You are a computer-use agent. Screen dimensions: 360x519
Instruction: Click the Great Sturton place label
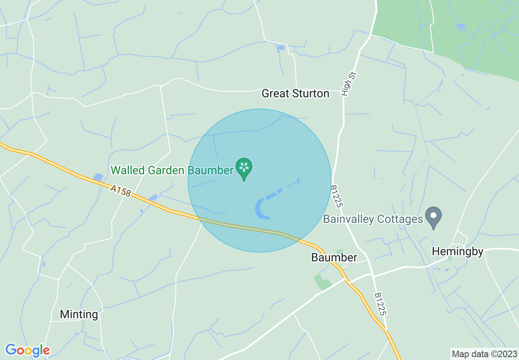coord(295,94)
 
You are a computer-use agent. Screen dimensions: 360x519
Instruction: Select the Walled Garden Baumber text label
coord(172,170)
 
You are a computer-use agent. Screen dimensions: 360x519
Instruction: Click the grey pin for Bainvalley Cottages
coord(433,217)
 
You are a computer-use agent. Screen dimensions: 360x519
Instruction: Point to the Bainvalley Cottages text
coord(372,219)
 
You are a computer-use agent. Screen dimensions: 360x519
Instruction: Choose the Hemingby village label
coord(458,251)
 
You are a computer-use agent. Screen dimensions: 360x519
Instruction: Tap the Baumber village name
coord(334,257)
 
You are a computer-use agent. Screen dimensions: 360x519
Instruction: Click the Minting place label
coord(79,314)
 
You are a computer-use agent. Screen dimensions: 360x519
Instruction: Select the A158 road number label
coord(120,190)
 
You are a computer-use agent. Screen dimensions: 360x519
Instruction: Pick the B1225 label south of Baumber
coord(380,304)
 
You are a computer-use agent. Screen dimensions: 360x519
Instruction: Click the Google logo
coord(27,350)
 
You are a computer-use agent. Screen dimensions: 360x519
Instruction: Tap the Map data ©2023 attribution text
coord(484,353)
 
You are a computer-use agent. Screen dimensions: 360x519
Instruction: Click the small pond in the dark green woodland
coord(461,27)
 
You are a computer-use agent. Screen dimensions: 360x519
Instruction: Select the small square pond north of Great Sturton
coord(280,48)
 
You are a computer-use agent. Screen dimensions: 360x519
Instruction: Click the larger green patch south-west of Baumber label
coord(322,282)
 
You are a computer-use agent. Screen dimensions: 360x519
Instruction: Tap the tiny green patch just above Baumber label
coord(339,251)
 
